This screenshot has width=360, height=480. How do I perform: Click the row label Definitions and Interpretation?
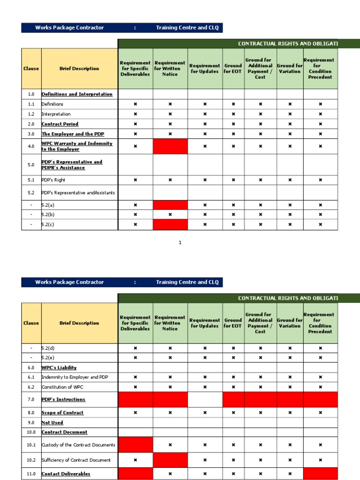[x=77, y=94]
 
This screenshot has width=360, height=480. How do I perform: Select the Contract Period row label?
[x=60, y=124]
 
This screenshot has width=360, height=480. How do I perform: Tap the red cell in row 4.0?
[x=170, y=146]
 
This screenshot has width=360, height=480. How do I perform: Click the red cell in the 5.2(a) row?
[x=170, y=205]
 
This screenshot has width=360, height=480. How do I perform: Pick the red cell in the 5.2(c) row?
[x=170, y=225]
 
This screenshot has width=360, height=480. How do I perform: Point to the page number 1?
[x=180, y=242]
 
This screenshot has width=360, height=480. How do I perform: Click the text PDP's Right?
[x=53, y=180]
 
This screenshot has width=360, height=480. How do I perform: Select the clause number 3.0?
[x=31, y=134]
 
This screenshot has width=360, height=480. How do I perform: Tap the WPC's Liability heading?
[x=59, y=367]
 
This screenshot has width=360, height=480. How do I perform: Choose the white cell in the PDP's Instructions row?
[x=205, y=400]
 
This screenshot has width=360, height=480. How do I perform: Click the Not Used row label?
[x=52, y=422]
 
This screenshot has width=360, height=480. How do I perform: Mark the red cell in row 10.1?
[x=135, y=445]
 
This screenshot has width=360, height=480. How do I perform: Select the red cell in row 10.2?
[x=170, y=460]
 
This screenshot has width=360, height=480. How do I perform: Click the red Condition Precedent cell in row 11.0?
[x=320, y=474]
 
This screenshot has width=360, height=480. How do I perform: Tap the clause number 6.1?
[x=31, y=377]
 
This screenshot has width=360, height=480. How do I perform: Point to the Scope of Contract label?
[x=62, y=413]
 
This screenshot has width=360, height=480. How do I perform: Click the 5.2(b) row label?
[x=48, y=215]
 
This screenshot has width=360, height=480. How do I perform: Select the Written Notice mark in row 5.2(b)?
[x=170, y=215]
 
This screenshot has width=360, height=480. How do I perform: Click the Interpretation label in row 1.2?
[x=56, y=114]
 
